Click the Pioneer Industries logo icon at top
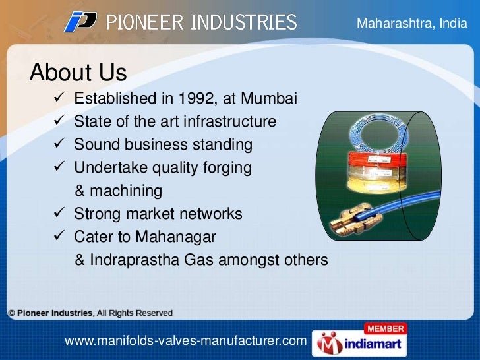[x=80, y=22]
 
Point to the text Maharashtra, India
[x=411, y=24]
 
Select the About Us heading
[x=78, y=71]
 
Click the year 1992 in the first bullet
[x=196, y=99]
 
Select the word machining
[x=126, y=191]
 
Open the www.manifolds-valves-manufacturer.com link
[x=185, y=341]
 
